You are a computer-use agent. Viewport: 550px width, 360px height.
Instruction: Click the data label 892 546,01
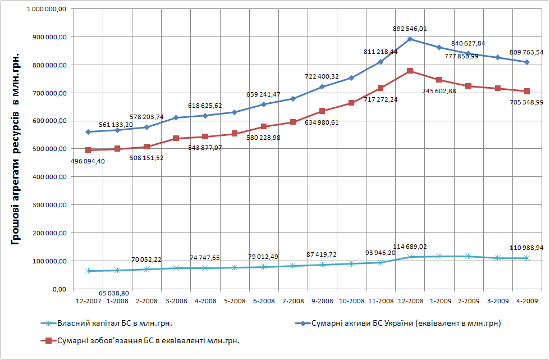pyautogui.click(x=410, y=28)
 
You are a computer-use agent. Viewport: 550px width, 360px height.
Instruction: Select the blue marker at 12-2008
pyautogui.click(x=410, y=39)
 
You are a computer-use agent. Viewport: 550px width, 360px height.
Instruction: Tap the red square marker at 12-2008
pyautogui.click(x=410, y=71)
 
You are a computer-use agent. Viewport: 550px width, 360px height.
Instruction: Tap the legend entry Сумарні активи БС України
pyautogui.click(x=398, y=323)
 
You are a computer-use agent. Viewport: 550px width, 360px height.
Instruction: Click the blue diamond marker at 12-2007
pyautogui.click(x=88, y=132)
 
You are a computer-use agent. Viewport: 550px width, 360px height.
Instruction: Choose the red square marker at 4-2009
pyautogui.click(x=527, y=91)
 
